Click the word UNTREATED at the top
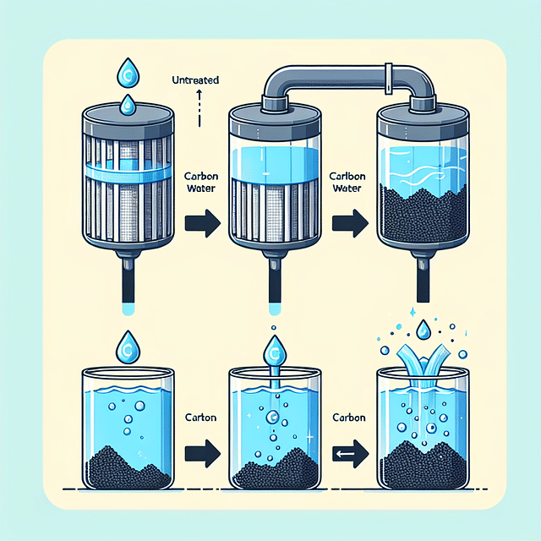pos(195,80)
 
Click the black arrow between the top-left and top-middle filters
pos(203,224)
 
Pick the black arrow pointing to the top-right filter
pos(350,226)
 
